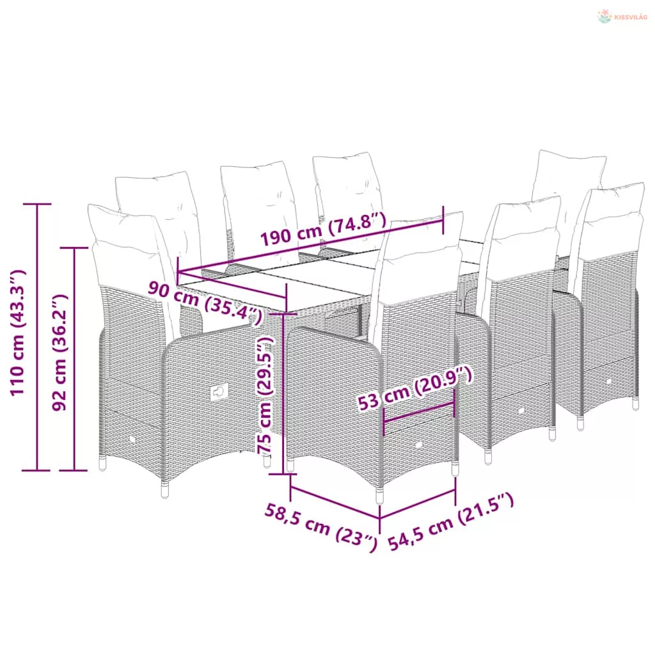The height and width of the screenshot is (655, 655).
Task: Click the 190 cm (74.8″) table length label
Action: click(324, 228)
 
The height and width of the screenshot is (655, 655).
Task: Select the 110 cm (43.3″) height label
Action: click(18, 333)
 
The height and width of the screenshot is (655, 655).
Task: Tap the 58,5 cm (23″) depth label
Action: click(321, 527)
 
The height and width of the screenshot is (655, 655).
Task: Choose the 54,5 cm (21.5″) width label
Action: click(451, 522)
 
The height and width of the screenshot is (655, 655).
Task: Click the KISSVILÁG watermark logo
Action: click(622, 17)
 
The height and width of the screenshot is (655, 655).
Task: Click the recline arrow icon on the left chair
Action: click(219, 392)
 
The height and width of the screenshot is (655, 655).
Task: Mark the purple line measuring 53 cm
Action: click(418, 413)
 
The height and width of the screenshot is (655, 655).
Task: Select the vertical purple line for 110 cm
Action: click(37, 337)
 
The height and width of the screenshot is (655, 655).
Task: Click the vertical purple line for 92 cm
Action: click(74, 359)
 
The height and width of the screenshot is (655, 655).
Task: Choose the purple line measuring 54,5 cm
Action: click(418, 505)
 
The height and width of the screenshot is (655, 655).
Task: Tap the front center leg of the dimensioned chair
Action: click(380, 496)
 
